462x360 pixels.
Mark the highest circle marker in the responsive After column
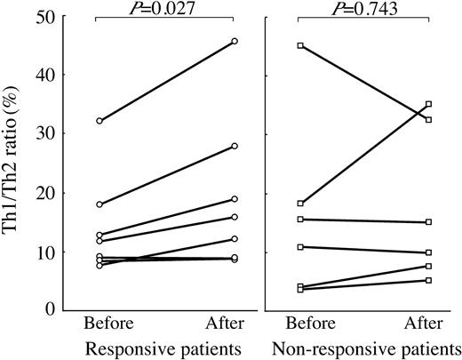coord(235,41)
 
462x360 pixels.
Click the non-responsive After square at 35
coord(429,104)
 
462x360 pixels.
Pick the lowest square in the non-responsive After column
coord(429,280)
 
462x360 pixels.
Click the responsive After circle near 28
coord(235,146)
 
